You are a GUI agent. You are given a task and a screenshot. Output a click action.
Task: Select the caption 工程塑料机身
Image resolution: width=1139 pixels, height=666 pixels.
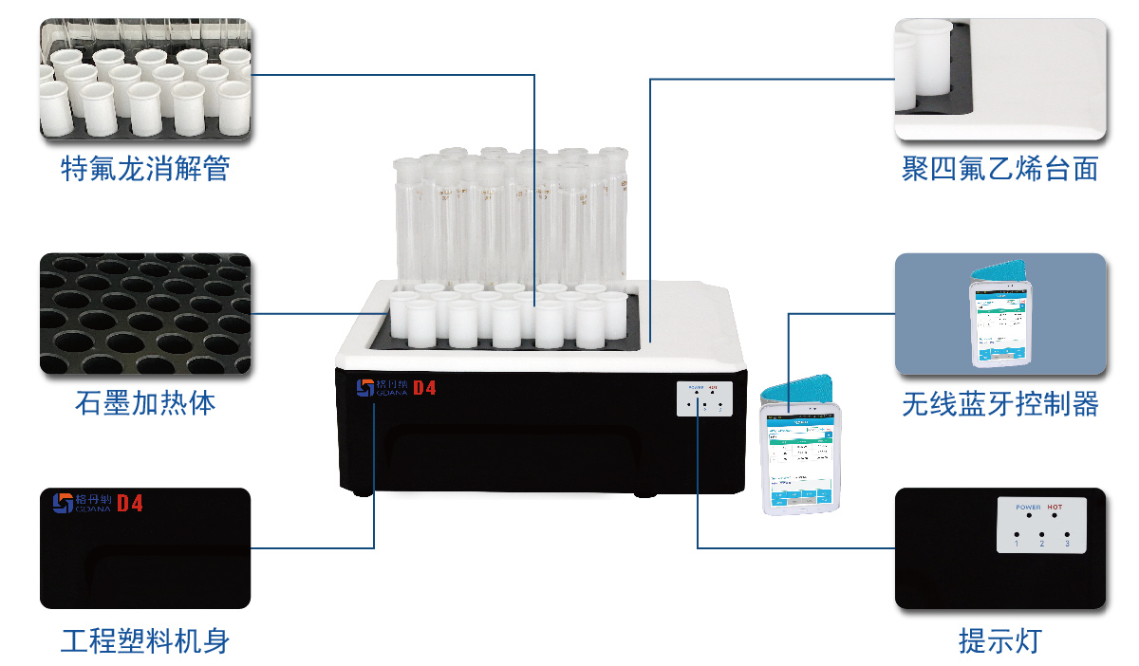pos(144,642)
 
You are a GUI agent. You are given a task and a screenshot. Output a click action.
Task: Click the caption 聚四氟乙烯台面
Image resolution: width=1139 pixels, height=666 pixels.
pos(999,170)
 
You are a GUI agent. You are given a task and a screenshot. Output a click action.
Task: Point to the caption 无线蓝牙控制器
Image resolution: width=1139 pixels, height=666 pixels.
pos(999,405)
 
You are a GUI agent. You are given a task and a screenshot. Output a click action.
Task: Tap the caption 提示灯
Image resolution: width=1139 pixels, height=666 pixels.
pos(999,642)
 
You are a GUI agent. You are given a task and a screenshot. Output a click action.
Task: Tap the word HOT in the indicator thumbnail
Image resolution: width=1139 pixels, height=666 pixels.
pos(1055,508)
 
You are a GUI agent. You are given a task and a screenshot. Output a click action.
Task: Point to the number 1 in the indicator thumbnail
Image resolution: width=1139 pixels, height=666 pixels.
pos(1017,543)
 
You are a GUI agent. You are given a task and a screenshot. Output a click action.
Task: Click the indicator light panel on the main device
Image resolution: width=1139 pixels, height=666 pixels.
pos(705,398)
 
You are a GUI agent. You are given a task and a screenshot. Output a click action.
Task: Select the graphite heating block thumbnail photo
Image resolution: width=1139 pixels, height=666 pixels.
pos(144,313)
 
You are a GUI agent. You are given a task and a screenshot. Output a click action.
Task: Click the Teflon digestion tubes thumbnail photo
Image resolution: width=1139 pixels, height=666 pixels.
pos(144,79)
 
